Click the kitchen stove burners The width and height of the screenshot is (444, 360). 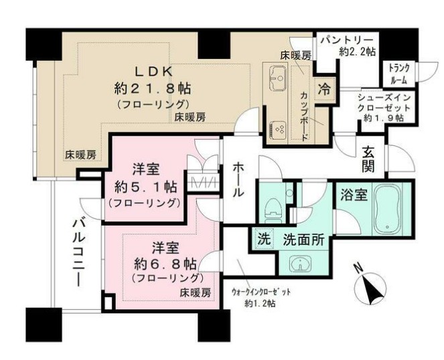(x=278, y=126)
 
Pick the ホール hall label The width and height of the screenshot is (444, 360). (x=238, y=179)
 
